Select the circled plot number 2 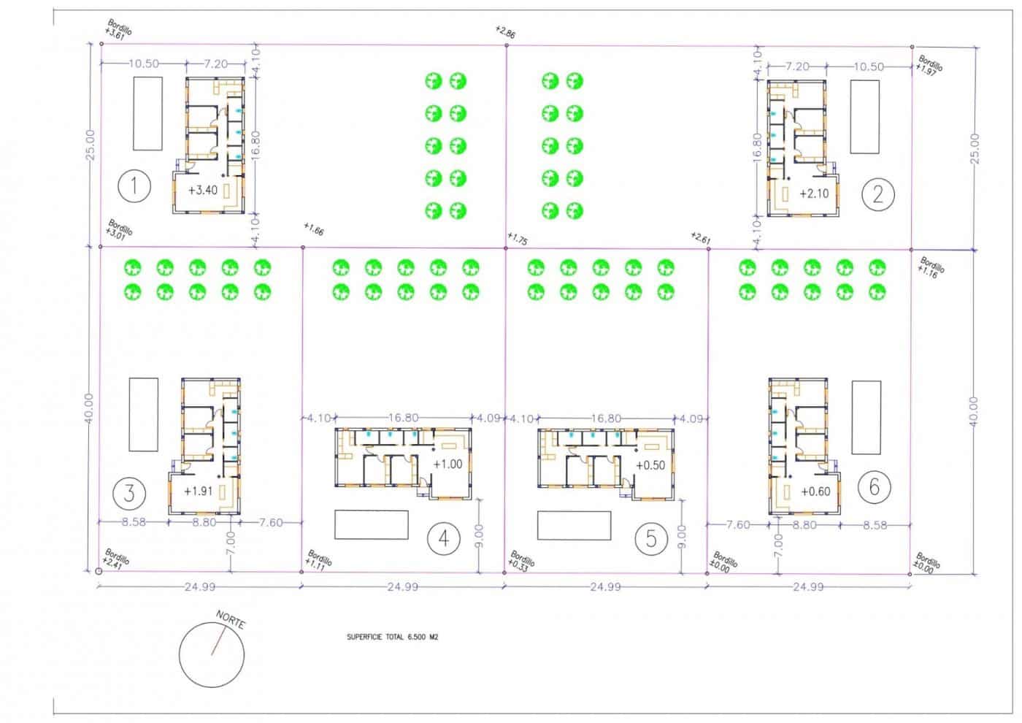877,194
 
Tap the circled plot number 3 129,492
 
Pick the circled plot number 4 443,538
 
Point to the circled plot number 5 651,538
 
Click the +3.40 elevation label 202,191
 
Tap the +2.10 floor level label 814,194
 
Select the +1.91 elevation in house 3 198,491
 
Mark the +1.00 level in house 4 447,464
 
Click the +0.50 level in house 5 650,465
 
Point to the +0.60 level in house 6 815,491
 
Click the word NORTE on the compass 231,621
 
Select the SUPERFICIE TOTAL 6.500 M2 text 392,637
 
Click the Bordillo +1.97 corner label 929,65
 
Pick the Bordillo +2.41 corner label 117,559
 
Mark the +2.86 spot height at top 504,31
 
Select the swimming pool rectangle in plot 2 865,117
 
